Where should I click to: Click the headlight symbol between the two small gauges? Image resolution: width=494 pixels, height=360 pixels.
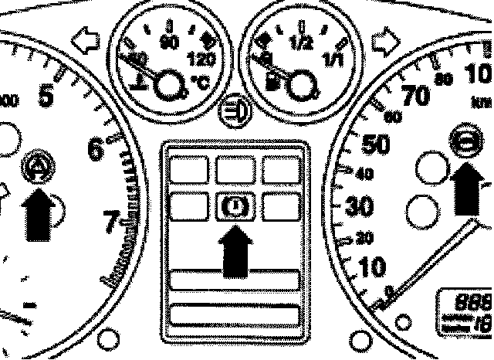[x=232, y=112]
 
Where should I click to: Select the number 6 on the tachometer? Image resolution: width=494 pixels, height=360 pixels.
[x=96, y=149]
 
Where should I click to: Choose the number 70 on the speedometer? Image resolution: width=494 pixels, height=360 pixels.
[x=417, y=96]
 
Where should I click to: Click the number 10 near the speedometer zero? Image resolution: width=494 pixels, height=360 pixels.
[x=372, y=267]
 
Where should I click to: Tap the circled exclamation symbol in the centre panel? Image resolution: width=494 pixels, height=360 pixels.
[x=234, y=205]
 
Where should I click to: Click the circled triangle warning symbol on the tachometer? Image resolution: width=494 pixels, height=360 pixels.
[x=36, y=164]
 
